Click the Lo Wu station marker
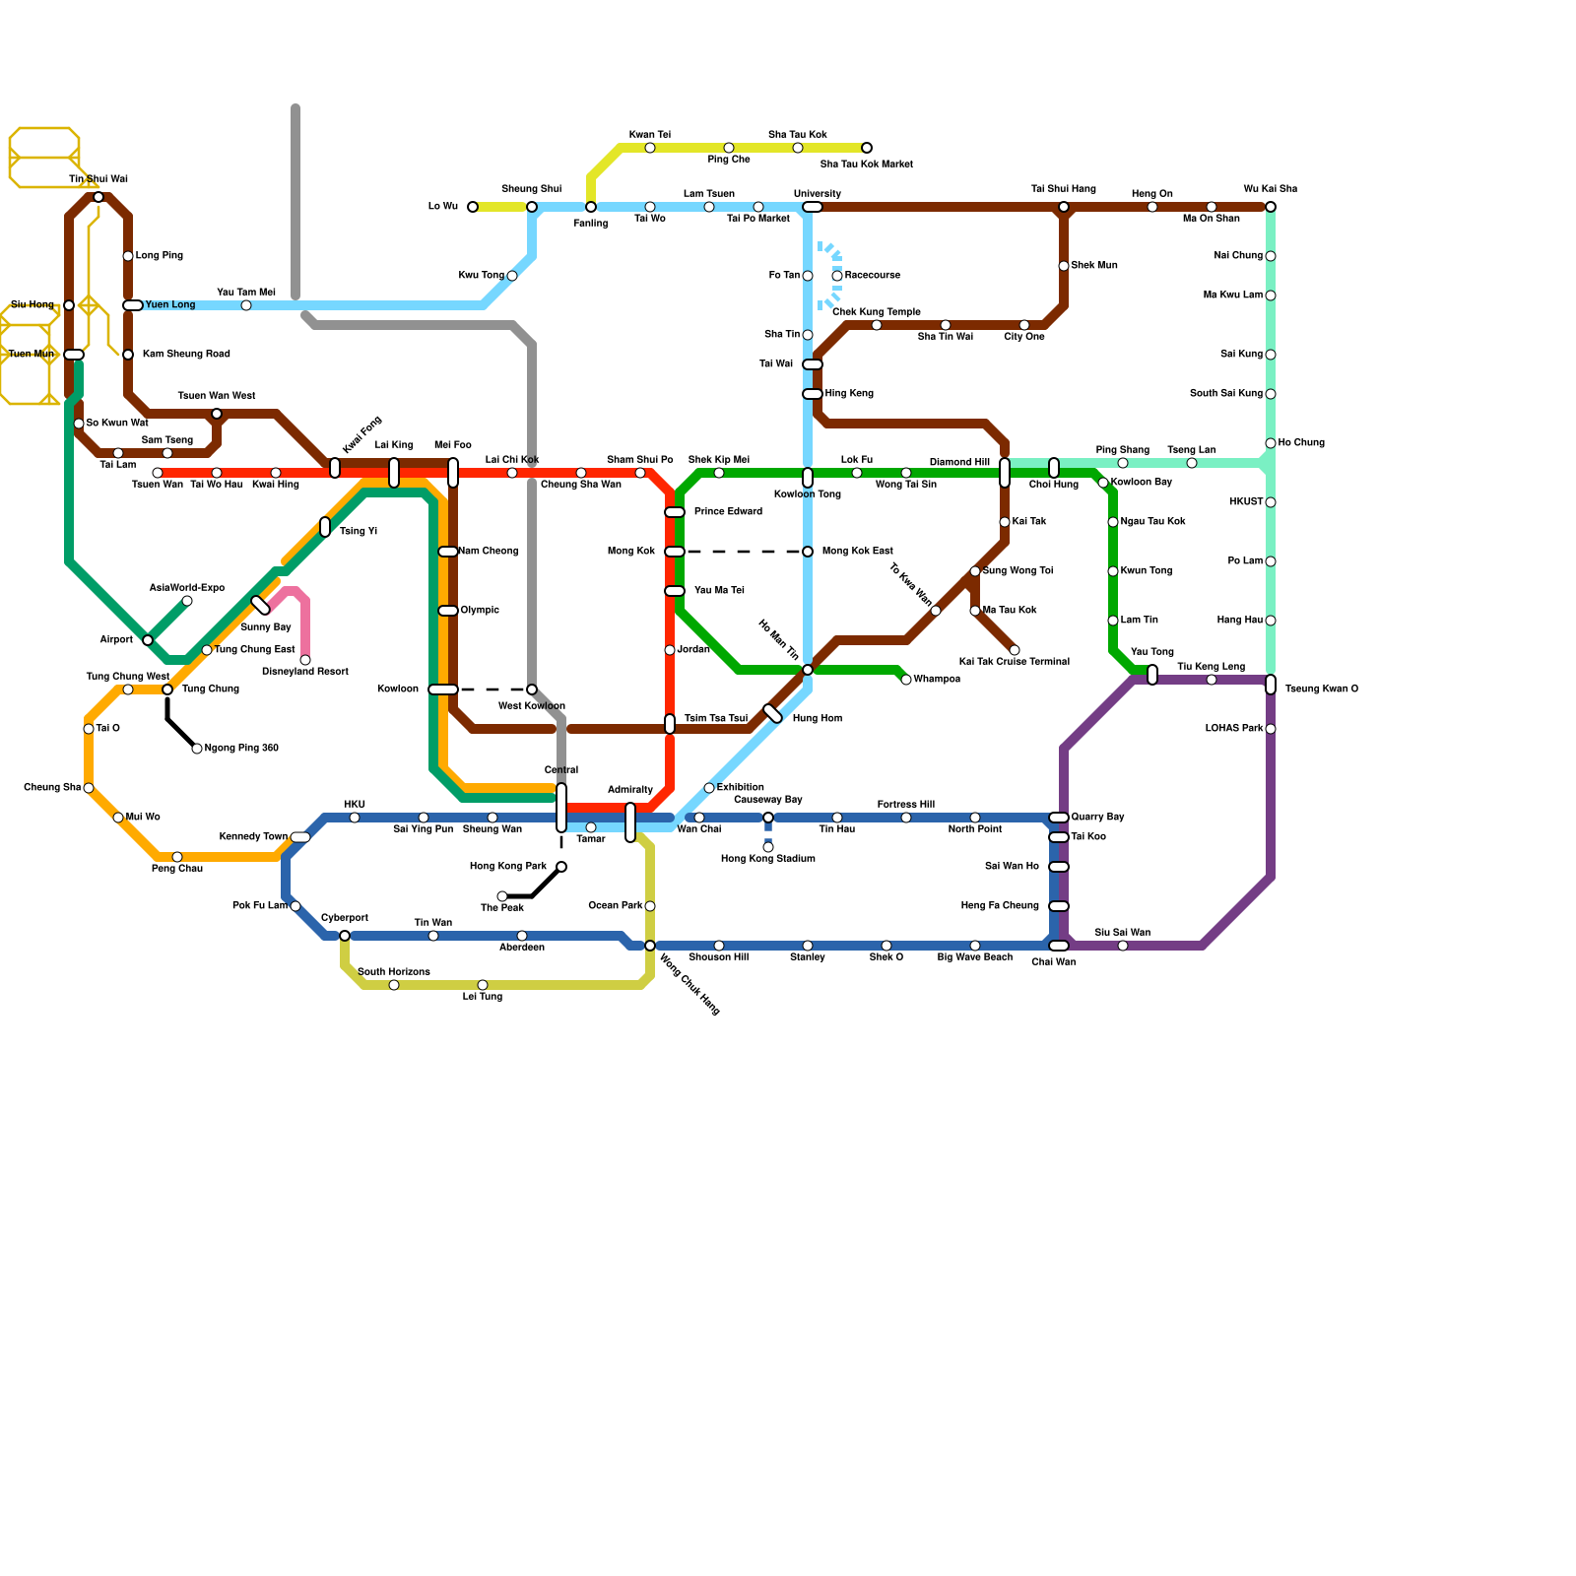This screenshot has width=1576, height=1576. (x=473, y=207)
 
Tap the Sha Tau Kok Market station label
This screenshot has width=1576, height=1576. (x=866, y=164)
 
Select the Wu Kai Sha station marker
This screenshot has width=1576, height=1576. (x=1271, y=207)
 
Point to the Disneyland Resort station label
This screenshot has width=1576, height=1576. (x=305, y=672)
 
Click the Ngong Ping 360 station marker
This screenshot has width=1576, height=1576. (x=197, y=749)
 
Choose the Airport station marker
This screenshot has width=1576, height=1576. (x=148, y=640)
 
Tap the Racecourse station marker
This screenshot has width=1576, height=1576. (x=837, y=276)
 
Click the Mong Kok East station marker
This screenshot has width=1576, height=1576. (x=808, y=552)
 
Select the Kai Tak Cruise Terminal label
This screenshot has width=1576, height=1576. (x=1014, y=662)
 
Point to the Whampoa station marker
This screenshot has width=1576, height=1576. (x=906, y=680)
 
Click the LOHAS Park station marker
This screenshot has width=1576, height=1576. (x=1271, y=729)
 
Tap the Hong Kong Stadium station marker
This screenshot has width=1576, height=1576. (x=768, y=847)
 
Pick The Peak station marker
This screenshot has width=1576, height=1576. (x=502, y=896)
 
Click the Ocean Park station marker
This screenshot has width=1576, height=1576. (x=650, y=906)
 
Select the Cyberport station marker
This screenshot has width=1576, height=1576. (x=345, y=936)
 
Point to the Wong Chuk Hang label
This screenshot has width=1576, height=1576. (x=689, y=984)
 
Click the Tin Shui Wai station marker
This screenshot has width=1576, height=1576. (x=98, y=197)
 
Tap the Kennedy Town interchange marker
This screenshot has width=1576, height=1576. (x=300, y=837)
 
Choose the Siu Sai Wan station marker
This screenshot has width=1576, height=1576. (x=1123, y=946)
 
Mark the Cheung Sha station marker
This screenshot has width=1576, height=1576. (x=89, y=788)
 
